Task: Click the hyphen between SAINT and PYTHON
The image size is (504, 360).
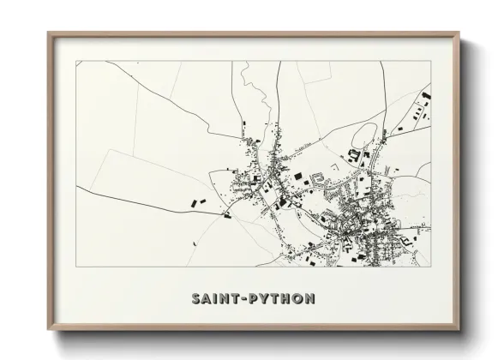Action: coord(246,300)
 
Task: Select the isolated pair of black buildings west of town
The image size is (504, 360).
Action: coord(197,202)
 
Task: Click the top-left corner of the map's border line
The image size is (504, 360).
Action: coord(76,62)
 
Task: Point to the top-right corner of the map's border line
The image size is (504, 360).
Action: coord(431,62)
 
